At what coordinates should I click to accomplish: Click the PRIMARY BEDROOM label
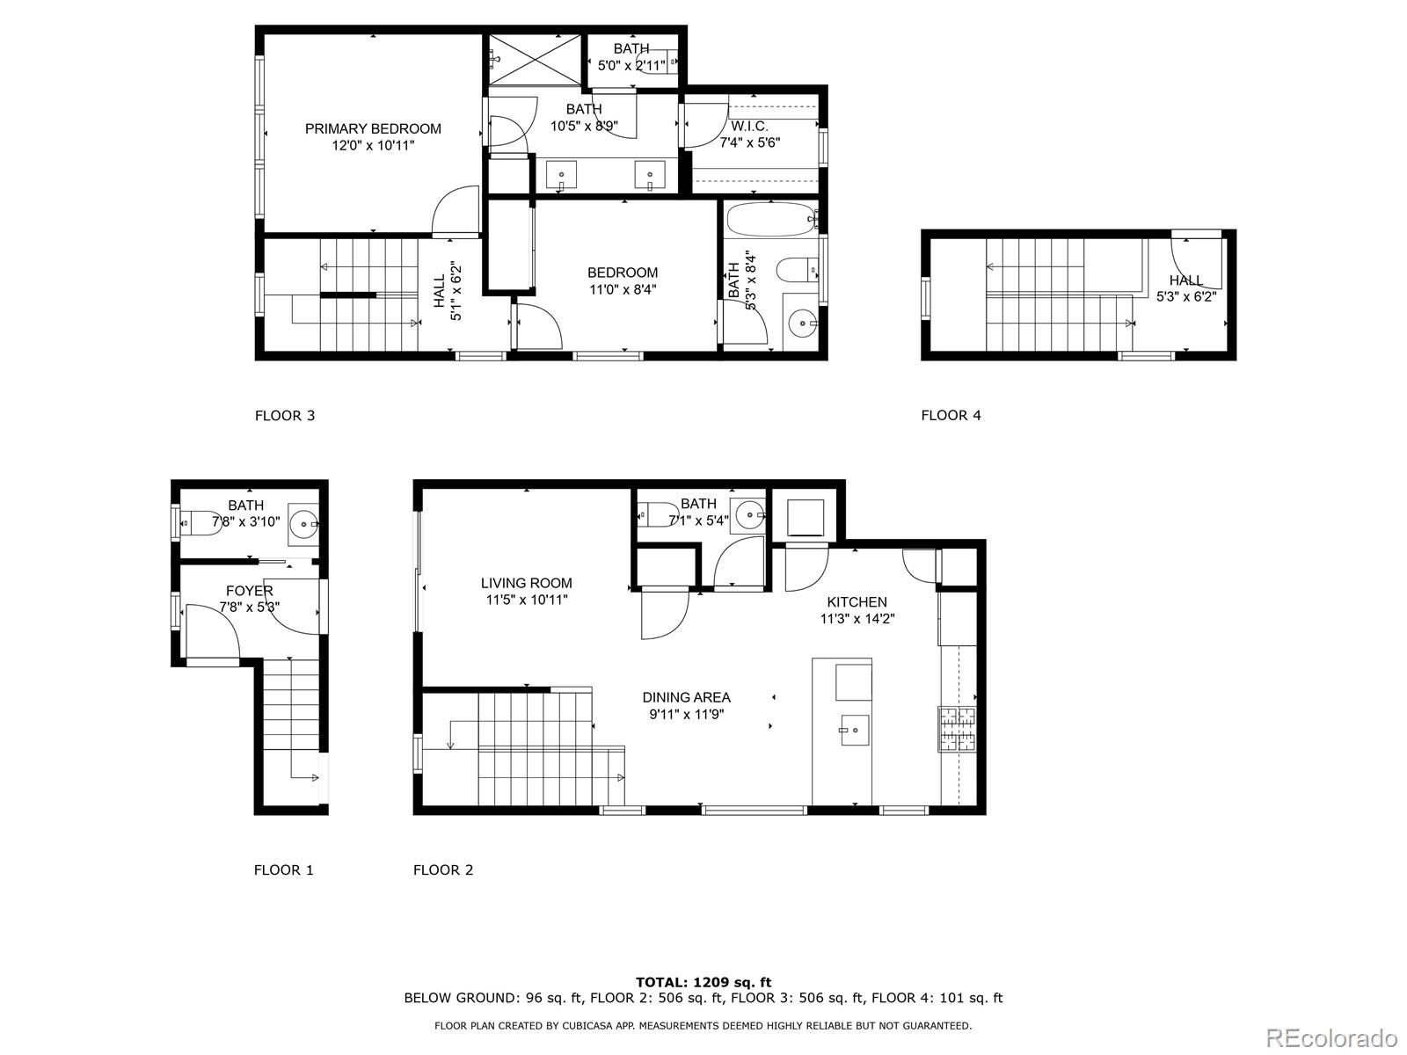(x=373, y=129)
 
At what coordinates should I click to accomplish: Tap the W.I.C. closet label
(x=749, y=127)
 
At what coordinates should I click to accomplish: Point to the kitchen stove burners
(x=958, y=729)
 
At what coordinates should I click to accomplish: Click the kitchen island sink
(x=854, y=730)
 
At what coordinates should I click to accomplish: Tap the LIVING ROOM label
(x=526, y=583)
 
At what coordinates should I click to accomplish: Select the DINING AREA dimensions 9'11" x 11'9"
(x=686, y=715)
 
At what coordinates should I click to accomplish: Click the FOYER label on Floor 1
(x=249, y=591)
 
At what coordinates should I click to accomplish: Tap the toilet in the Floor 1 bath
(x=202, y=522)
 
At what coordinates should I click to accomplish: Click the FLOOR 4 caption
(x=951, y=415)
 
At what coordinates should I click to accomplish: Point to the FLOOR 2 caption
(x=443, y=870)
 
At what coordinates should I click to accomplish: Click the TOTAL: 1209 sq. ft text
(x=703, y=982)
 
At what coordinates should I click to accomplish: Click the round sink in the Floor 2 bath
(x=749, y=512)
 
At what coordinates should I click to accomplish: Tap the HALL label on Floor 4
(x=1185, y=280)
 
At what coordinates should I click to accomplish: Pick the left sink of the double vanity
(x=561, y=176)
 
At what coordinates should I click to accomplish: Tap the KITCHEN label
(x=857, y=602)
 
